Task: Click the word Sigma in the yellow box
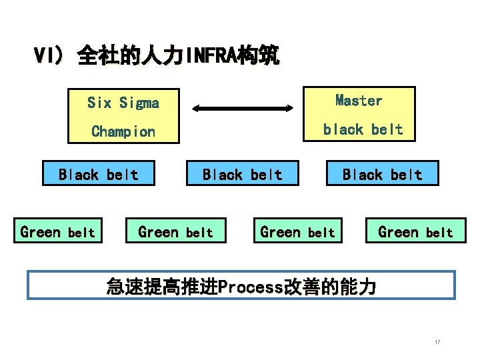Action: tap(140, 103)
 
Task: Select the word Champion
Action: tap(123, 131)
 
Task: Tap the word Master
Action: tap(359, 101)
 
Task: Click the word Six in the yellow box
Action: tap(99, 103)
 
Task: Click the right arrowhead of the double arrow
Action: tap(289, 107)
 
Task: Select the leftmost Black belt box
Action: tap(99, 175)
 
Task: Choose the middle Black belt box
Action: tap(242, 175)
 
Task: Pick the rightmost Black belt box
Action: tap(382, 175)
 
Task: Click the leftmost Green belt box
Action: tap(58, 232)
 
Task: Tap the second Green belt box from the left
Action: tap(176, 232)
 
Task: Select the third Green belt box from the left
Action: tap(297, 232)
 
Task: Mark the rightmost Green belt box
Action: tap(415, 232)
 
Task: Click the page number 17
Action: tap(437, 342)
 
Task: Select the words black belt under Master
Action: tap(363, 129)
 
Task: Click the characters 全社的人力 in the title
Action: tap(131, 55)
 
